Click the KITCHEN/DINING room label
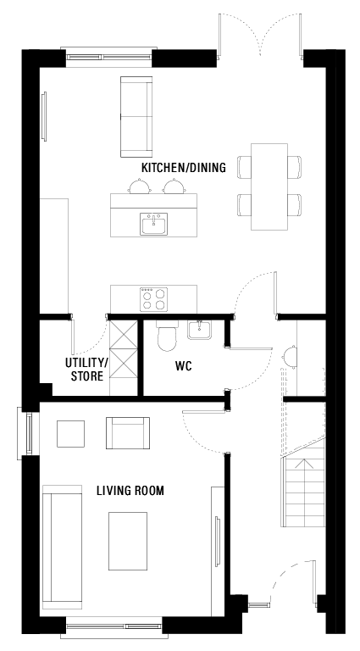183,168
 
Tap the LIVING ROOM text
130,491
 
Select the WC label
184,369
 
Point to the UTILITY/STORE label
86,370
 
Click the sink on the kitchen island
153,225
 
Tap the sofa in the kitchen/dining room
136,110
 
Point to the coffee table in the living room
128,542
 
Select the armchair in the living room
126,432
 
